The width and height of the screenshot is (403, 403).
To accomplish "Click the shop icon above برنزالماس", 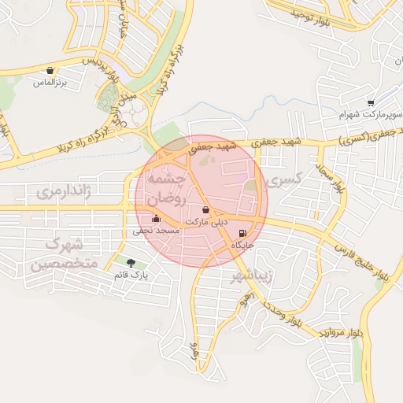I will pyautogui.click(x=50, y=70).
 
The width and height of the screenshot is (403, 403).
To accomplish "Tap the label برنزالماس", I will pyautogui.click(x=50, y=81).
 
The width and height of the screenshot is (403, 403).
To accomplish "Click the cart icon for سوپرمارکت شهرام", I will pyautogui.click(x=370, y=102).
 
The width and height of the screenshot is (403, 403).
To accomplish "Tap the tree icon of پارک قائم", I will pyautogui.click(x=130, y=263).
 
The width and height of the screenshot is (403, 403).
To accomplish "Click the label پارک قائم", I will pyautogui.click(x=131, y=275).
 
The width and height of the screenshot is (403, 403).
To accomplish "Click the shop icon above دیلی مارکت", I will pyautogui.click(x=206, y=211).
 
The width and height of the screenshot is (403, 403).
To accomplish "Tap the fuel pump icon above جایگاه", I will pyautogui.click(x=241, y=233).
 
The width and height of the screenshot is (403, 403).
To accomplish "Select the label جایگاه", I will pyautogui.click(x=241, y=246).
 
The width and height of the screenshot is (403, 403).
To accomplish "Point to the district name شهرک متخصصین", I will pyautogui.click(x=65, y=252).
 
